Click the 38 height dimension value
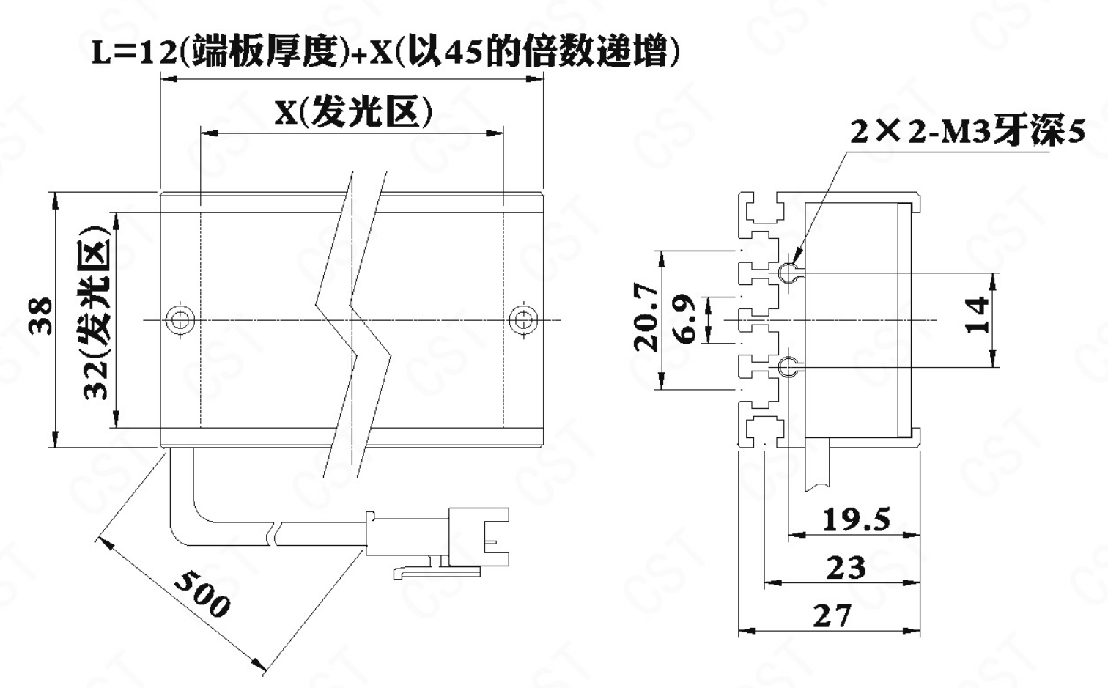point(40,316)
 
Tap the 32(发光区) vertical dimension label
point(95,313)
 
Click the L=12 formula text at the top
point(385,51)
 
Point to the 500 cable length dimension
point(202,593)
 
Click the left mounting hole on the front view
point(180,320)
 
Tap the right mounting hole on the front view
point(523,320)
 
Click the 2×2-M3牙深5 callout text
point(967,132)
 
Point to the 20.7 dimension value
point(646,317)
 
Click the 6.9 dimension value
point(686,319)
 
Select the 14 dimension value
point(978,316)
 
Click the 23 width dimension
point(846,567)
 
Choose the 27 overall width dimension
point(832,615)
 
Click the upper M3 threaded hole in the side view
point(786,272)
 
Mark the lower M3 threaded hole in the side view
point(786,367)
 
